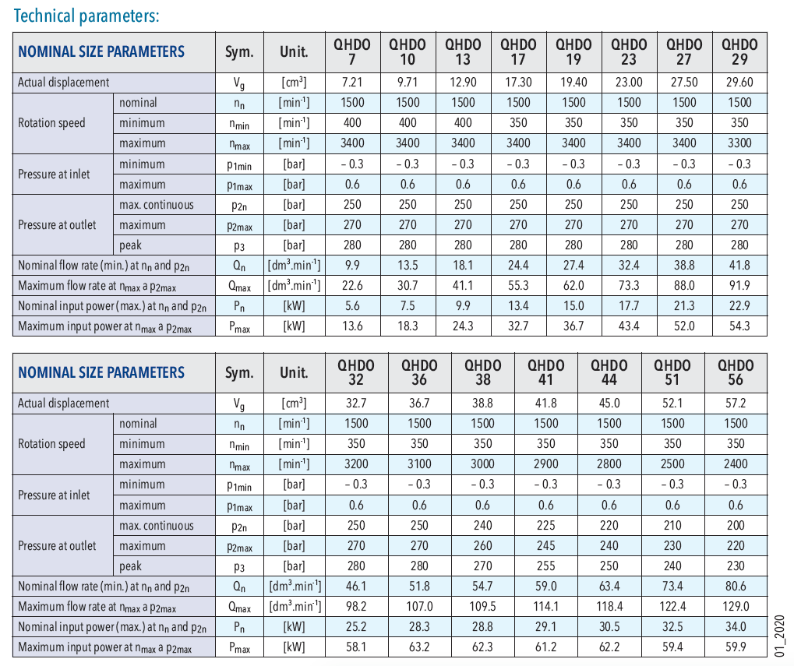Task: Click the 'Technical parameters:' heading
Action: pos(86,16)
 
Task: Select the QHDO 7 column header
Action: pos(352,52)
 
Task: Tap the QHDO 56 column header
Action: pos(736,372)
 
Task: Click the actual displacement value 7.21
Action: pos(352,82)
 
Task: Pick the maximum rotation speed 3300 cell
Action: pos(739,143)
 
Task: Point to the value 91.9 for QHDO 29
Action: pos(739,286)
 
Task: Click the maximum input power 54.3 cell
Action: pos(739,326)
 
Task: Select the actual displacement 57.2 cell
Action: pos(736,403)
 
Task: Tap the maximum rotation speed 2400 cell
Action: pos(736,464)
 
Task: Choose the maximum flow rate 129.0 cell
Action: pos(736,606)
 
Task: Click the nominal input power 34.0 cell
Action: pos(736,626)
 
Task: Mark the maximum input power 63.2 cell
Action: pos(419,647)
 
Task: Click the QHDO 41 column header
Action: pos(546,372)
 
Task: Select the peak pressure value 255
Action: pos(546,566)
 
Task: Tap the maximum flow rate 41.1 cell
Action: pos(463,286)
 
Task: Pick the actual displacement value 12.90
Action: pos(463,82)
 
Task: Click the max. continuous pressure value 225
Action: pos(546,525)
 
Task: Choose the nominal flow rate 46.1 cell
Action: pos(355,586)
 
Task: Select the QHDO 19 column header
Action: pos(573,52)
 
